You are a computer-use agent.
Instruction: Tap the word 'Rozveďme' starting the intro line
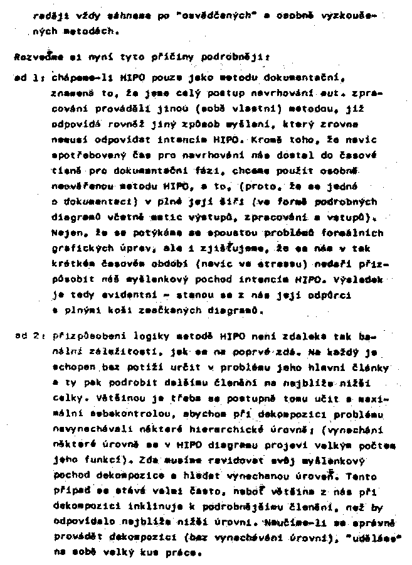coord(33,57)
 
